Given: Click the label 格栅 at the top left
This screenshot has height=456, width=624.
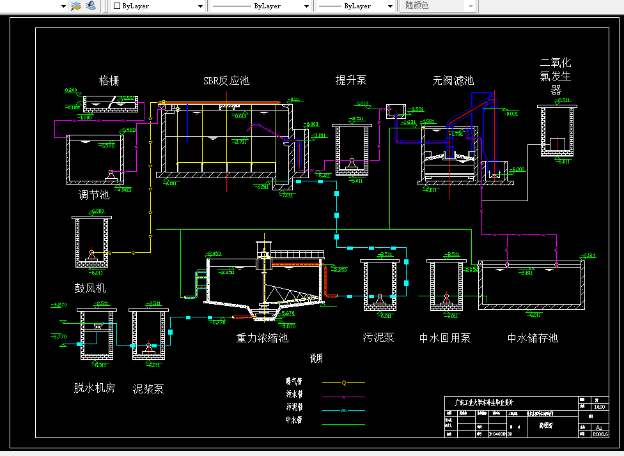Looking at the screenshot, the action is pos(109,80).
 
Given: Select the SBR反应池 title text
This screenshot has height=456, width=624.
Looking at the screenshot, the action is pos(226,80).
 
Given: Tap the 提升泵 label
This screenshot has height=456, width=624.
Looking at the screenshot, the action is pos(351,80).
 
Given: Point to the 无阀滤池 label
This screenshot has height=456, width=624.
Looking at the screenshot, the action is pos(453,80).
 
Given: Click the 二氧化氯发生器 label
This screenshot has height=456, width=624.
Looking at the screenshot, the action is pos(556,76).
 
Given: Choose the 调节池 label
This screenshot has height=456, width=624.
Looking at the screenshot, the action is pos(94,195).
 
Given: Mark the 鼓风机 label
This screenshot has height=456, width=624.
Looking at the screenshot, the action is pos(90,288).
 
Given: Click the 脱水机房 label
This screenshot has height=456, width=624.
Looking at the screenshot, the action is pos(94,387).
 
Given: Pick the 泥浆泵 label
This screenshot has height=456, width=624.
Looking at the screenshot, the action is pos(148,388).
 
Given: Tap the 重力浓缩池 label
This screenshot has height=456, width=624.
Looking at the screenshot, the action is pos(262,338).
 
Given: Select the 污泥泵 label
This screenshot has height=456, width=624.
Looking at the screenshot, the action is pos(378,337).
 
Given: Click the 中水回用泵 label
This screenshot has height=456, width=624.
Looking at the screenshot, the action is pos(445,337).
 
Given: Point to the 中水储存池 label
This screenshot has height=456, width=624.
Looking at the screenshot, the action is pos(533,337).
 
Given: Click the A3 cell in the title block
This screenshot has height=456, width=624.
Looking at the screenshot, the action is pos(599,427).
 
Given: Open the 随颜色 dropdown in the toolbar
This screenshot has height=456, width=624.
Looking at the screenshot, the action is pos(439,6).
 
